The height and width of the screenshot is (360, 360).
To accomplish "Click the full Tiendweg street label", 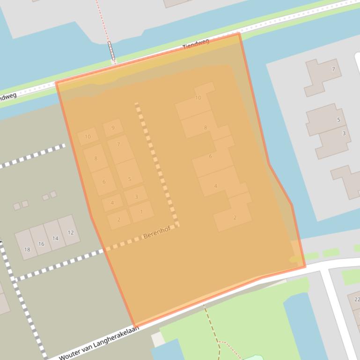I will [x=196, y=44].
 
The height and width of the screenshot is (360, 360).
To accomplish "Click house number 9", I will [x=113, y=128].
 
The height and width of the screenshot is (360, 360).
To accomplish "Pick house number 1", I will [x=141, y=212].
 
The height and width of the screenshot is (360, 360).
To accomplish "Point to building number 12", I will [x=71, y=232].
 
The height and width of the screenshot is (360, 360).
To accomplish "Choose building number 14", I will [x=55, y=238].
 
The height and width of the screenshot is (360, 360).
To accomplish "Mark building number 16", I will [x=41, y=244].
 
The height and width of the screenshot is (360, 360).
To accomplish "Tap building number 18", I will [x=27, y=249].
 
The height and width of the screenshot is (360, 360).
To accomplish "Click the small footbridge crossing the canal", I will [x=111, y=52].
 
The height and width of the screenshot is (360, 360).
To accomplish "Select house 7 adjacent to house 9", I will [x=119, y=145].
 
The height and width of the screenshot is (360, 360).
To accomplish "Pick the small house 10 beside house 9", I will [x=88, y=137].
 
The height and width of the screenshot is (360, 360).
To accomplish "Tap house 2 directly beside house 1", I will [x=119, y=219].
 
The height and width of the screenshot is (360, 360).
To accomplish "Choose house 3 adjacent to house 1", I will [x=136, y=197].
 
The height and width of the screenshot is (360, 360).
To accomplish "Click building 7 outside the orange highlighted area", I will [x=333, y=70].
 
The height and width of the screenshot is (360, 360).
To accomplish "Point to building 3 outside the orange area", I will [x=344, y=134].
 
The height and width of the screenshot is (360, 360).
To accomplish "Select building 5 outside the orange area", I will [x=338, y=120].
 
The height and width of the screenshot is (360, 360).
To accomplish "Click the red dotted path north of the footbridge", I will [x=103, y=21].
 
